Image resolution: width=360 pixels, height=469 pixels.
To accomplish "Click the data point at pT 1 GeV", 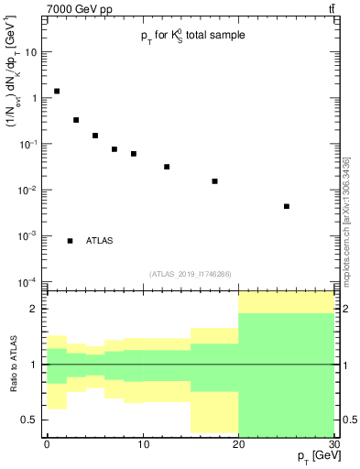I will [x=57, y=91].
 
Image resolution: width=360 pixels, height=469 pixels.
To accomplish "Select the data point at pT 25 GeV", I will [x=287, y=206].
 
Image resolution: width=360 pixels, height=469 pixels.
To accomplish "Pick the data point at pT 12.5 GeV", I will [x=167, y=167].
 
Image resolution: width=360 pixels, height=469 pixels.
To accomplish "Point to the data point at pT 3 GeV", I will [x=76, y=120].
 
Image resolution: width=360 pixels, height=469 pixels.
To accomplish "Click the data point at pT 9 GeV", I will [x=134, y=153].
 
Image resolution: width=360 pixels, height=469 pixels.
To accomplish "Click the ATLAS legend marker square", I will [x=71, y=241].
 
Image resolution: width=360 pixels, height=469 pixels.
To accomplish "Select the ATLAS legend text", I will [x=99, y=241].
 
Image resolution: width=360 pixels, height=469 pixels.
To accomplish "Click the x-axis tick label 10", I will [x=143, y=443].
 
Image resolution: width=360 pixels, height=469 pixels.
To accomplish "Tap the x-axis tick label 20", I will [x=238, y=443].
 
